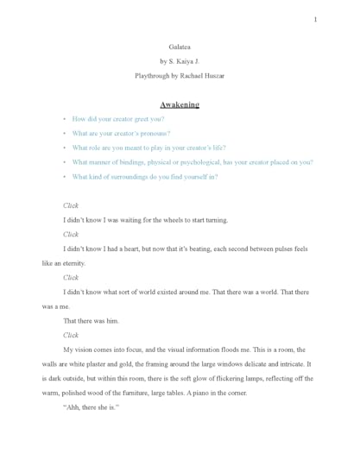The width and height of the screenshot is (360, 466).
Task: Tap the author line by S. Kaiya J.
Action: [x=180, y=61]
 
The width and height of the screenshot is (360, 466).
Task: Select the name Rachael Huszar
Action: [x=205, y=76]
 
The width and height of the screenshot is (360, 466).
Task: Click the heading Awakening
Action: [x=180, y=104]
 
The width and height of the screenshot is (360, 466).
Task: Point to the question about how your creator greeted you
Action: [x=118, y=119]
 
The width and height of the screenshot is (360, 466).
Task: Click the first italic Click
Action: [x=71, y=205]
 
